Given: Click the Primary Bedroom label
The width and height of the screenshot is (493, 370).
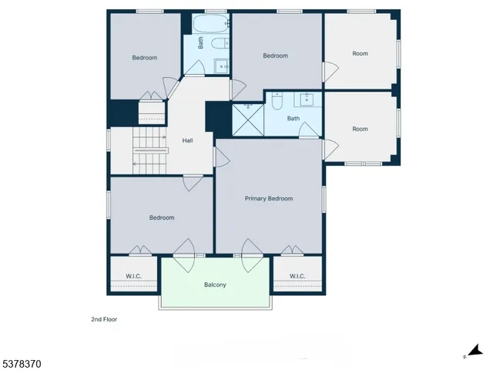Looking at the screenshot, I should tap(269, 199).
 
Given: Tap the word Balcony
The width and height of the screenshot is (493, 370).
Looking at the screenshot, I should tap(215, 285).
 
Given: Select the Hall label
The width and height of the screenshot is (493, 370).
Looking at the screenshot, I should tap(187, 141).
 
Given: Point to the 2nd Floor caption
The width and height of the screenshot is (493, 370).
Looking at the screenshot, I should tap(104, 318).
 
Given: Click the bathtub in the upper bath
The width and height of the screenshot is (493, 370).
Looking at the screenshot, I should tap(206, 22).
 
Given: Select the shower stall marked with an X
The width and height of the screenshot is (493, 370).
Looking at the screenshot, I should tap(248, 119).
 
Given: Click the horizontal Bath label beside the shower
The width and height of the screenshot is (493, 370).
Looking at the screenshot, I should tap(293, 119).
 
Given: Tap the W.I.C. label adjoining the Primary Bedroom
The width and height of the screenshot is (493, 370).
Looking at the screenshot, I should tap(297, 276).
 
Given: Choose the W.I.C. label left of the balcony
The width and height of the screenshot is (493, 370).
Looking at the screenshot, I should tap(134, 276).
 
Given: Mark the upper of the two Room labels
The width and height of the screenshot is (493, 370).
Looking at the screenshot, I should tap(360, 54).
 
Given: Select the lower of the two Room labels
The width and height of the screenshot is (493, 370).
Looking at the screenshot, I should tap(360, 129).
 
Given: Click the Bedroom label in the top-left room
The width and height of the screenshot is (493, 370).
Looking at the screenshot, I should tap(144, 58).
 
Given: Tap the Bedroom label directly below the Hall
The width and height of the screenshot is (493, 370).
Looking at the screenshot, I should tap(162, 217).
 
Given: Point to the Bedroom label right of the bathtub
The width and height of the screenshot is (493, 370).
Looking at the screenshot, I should tap(275, 55).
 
